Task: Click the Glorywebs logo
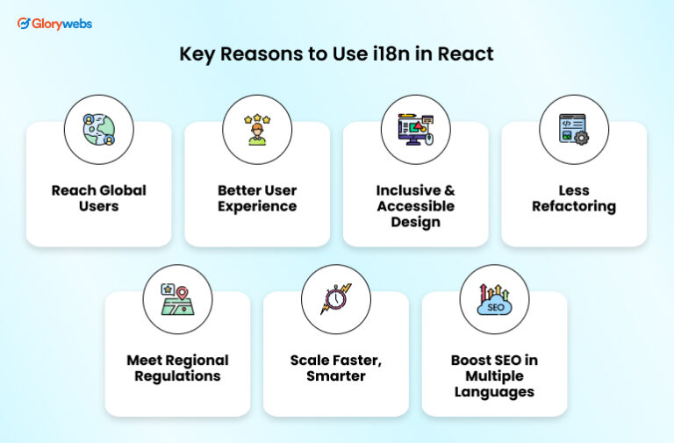click(54, 24)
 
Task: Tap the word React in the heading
click(463, 54)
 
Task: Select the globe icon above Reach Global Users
click(99, 130)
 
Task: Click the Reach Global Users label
click(99, 198)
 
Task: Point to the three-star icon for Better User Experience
click(257, 130)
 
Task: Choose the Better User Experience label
click(257, 198)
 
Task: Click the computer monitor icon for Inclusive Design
click(415, 130)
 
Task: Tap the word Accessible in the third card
click(416, 206)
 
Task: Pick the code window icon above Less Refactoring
click(574, 130)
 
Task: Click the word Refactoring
click(574, 207)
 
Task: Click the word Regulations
click(177, 376)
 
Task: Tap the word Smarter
click(336, 376)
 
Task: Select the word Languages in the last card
click(494, 392)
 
